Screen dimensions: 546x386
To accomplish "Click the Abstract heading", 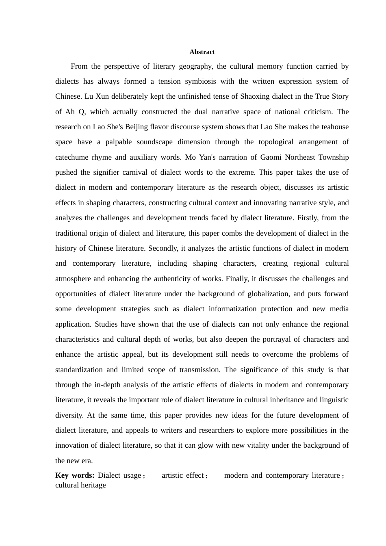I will [x=202, y=52].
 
